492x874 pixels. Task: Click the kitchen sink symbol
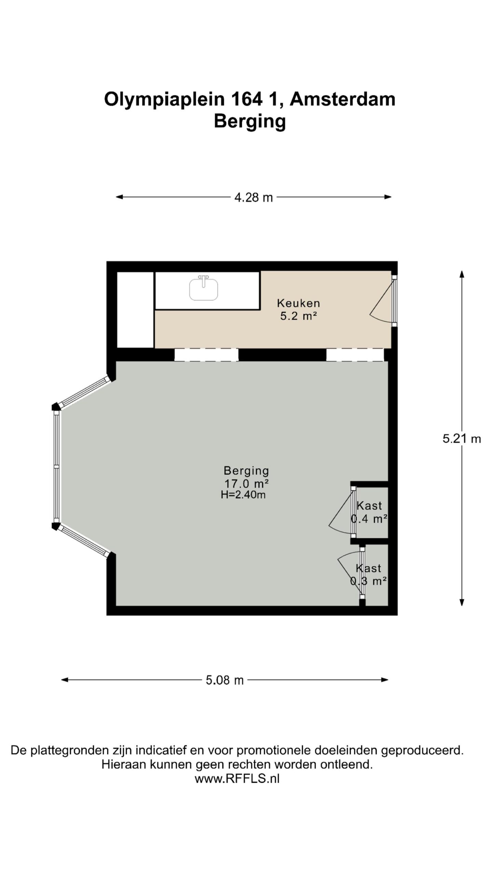tap(204, 288)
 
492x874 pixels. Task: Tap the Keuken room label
tap(299, 303)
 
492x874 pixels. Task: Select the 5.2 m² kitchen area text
tap(299, 316)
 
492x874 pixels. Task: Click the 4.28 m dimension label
tap(254, 197)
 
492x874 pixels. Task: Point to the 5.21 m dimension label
tap(462, 438)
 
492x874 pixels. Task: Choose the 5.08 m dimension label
tap(224, 680)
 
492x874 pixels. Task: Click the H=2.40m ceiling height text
tap(243, 495)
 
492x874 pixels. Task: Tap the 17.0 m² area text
tap(246, 483)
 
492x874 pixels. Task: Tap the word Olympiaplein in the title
tap(164, 100)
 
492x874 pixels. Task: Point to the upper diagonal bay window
tap(85, 392)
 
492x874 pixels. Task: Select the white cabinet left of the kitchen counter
tap(135, 310)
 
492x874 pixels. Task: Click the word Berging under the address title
tap(250, 122)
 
